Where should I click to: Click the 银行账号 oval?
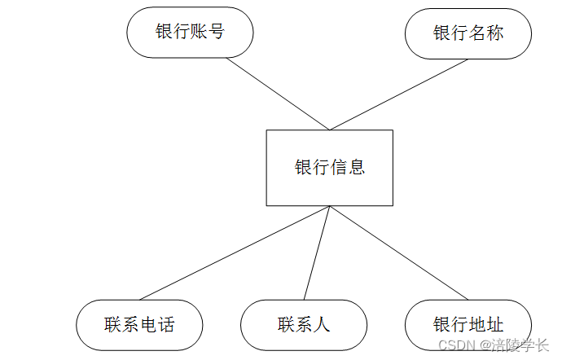[190, 33]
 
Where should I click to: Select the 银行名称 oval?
[468, 33]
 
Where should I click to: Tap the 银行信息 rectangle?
[329, 167]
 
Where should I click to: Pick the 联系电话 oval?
[139, 325]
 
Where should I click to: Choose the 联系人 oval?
[304, 325]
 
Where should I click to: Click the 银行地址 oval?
[468, 325]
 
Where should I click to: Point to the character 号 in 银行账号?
[216, 33]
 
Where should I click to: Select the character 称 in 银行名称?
[494, 33]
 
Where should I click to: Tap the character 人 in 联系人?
[322, 325]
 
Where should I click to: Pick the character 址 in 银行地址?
[494, 325]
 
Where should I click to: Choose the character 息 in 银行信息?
[356, 167]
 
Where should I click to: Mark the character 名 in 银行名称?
[476, 33]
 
